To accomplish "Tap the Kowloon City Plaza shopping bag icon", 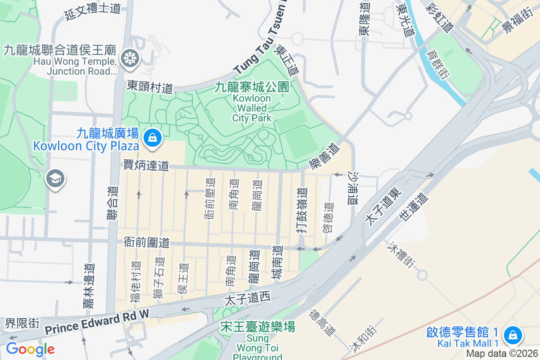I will (153, 138).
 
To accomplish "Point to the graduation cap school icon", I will (55, 179).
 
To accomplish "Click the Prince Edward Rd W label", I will (96, 323).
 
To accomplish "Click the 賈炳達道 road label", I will (146, 166).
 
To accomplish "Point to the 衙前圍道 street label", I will (147, 243).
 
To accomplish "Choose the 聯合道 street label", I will (112, 204).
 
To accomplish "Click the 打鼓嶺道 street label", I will (302, 210).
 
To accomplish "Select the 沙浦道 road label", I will (353, 189).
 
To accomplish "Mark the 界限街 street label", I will (22, 323).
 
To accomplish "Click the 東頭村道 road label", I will (150, 87).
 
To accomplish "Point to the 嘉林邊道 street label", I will (89, 286).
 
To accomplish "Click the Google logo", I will (30, 349).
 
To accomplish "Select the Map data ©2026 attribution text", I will (502, 354).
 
